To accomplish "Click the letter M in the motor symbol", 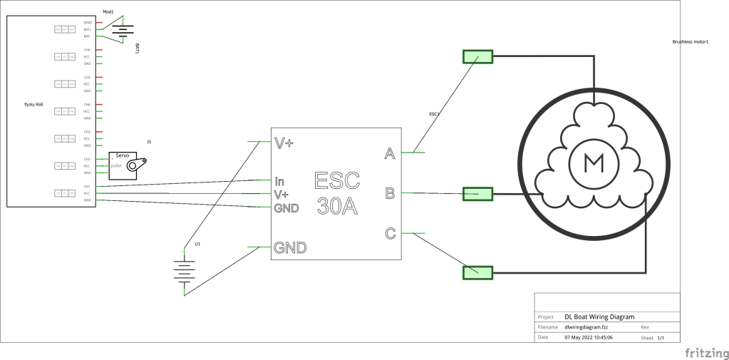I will point(592,163).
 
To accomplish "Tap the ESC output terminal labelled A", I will point(390,153).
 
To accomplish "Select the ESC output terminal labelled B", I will point(390,193).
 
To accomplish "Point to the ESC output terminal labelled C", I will point(390,233).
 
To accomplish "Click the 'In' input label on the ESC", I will point(280,181).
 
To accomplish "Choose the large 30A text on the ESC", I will point(338,206).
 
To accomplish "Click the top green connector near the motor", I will point(477,57).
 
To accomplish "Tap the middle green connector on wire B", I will point(477,193).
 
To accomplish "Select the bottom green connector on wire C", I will point(477,272).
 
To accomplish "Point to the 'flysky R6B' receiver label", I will point(34,105).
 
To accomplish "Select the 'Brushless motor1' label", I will point(690,42).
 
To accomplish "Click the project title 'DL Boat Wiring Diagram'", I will point(599,317).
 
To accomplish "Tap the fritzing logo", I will point(706,353).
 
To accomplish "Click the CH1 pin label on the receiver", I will point(87,186).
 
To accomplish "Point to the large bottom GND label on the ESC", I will point(290,248).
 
